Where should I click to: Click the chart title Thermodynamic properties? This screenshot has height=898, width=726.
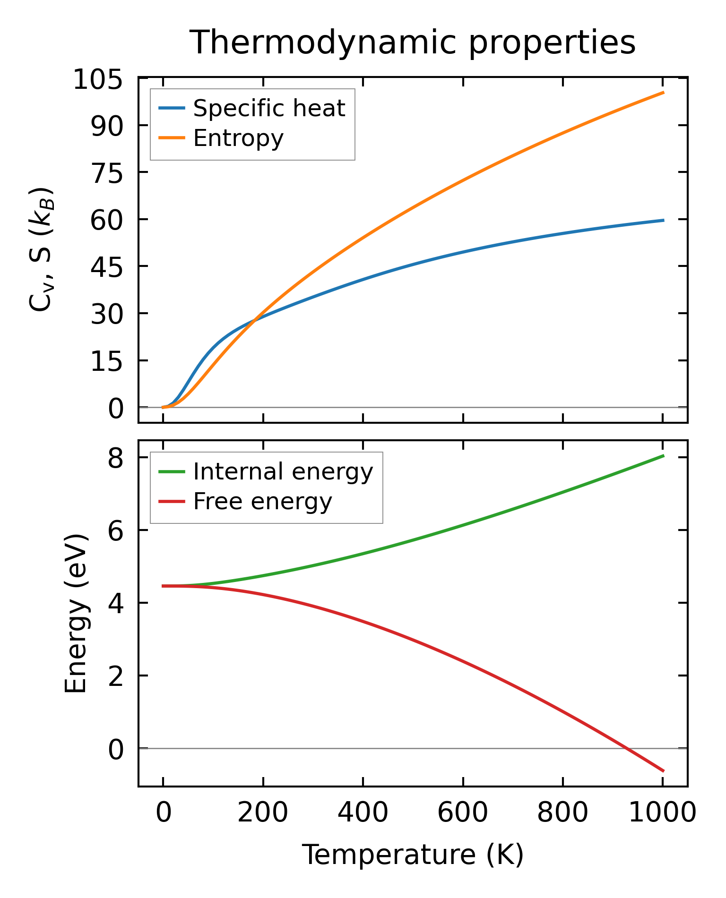click(x=412, y=43)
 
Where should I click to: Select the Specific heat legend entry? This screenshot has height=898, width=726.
click(x=269, y=108)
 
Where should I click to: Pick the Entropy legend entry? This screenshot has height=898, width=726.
click(x=238, y=138)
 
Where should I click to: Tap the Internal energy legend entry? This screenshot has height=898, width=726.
click(x=283, y=471)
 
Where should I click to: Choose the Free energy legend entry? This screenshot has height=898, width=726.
click(x=262, y=501)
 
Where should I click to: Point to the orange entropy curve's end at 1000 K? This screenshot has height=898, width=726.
click(x=663, y=93)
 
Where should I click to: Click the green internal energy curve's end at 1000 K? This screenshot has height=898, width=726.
click(x=663, y=456)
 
